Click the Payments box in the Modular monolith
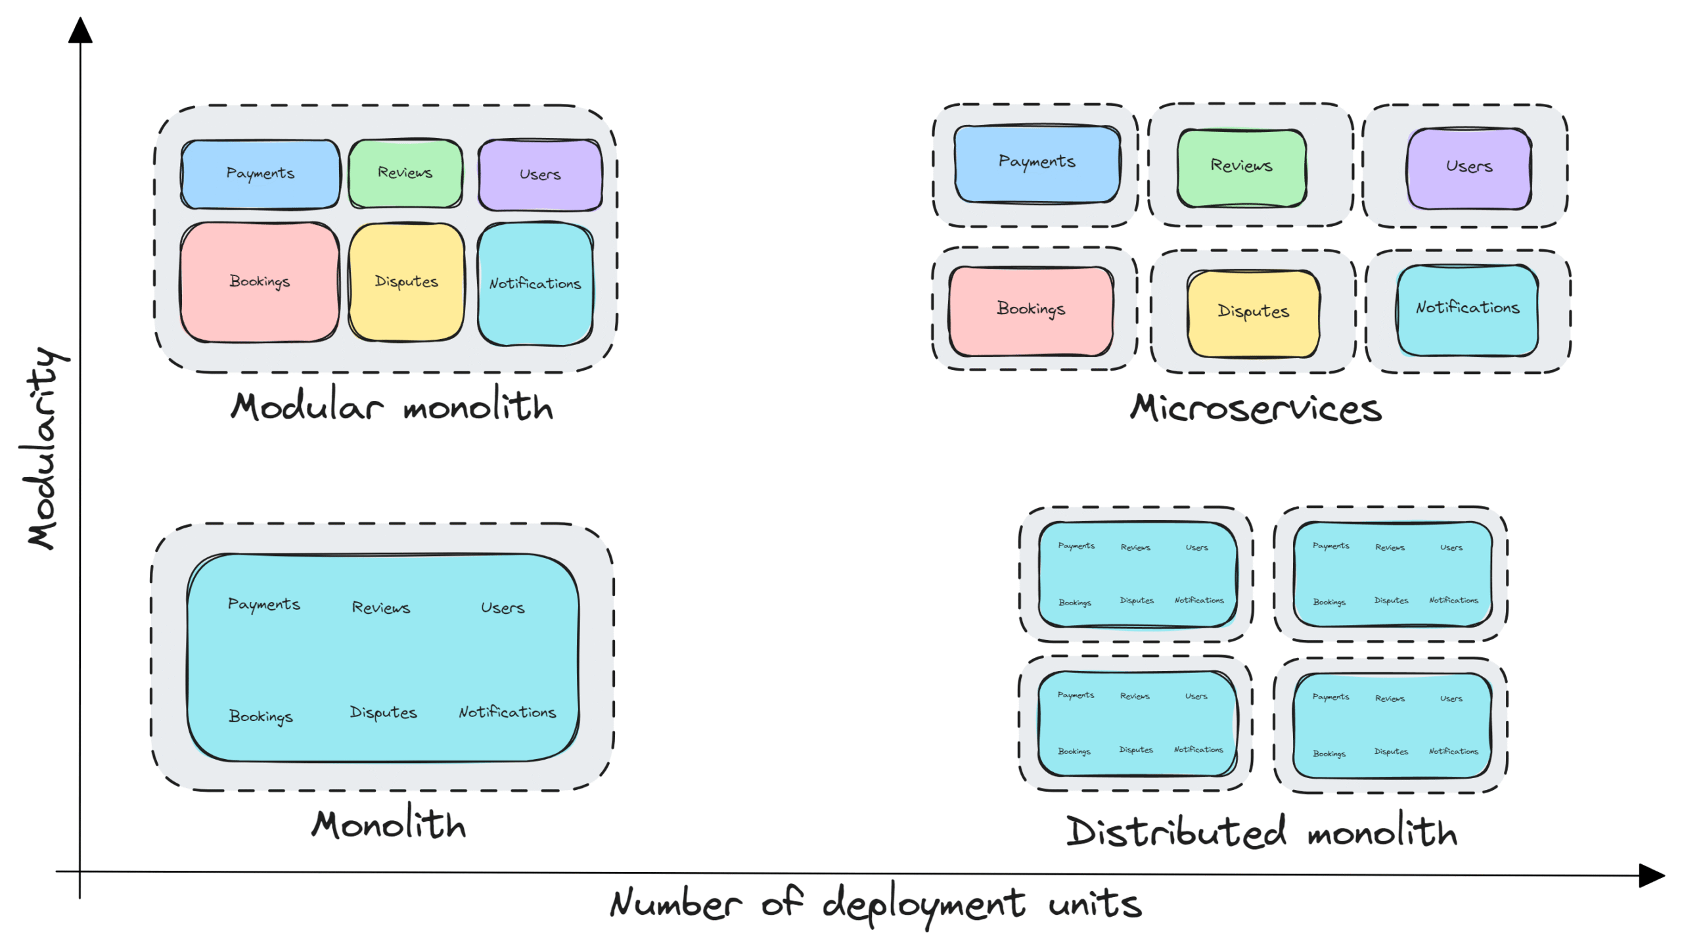coord(261,174)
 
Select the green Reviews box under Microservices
coord(1241,168)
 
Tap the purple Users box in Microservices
coord(1468,168)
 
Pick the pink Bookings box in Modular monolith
coord(260,282)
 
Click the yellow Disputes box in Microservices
coord(1253,313)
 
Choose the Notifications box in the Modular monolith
coord(535,284)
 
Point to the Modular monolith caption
coord(392,406)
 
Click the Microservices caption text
coord(1256,409)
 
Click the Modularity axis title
coord(45,448)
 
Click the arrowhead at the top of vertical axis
coord(80,30)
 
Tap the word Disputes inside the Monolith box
coord(383,713)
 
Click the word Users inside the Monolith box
coord(503,608)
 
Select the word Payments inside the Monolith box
coord(263,605)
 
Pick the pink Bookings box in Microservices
coord(1031,310)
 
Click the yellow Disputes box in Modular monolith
coord(406,282)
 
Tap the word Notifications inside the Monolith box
coord(507,712)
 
